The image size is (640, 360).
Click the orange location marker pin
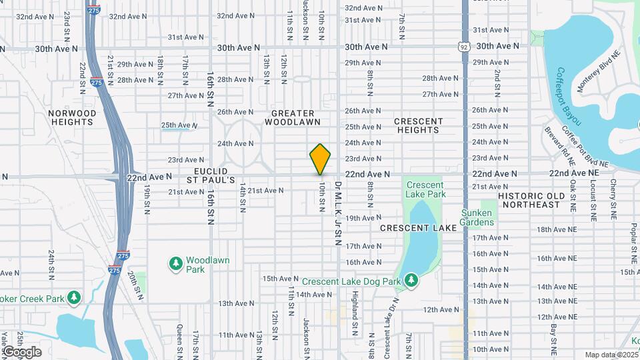point(320,159)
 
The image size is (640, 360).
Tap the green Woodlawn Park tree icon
point(176,265)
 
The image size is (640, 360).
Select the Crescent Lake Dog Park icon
point(411,281)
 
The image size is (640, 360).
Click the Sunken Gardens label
point(477,217)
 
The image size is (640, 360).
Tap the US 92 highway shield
point(464,47)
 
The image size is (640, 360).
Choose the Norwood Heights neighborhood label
point(72,117)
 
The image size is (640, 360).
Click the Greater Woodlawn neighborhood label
point(293,117)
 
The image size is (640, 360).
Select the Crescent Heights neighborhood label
point(418,125)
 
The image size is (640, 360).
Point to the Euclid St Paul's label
point(211,175)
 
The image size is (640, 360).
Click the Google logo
point(22,351)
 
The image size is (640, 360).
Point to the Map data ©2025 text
point(611,355)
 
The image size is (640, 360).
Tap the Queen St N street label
point(179,337)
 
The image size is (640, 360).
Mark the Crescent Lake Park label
point(425,190)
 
